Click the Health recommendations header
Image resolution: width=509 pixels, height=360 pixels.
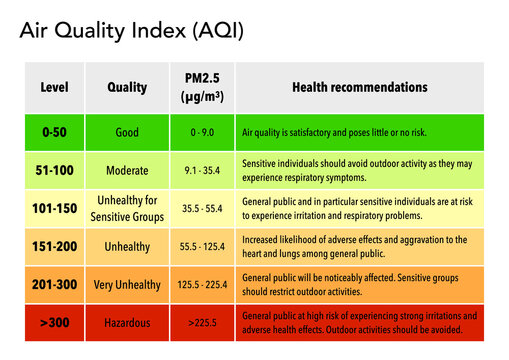[359, 88]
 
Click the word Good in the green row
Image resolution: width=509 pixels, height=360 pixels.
[127, 131]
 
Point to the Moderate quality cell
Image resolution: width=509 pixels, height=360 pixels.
[127, 170]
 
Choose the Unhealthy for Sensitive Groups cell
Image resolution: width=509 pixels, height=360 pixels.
[127, 208]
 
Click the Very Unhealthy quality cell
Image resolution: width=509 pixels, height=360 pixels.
[127, 285]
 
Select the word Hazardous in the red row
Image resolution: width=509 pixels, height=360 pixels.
[127, 323]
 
